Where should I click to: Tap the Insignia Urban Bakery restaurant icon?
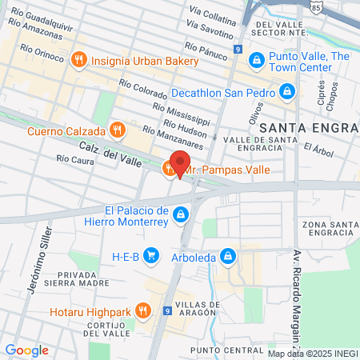[78, 58]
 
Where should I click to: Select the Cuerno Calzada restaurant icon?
[117, 130]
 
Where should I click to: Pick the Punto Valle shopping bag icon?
[256, 58]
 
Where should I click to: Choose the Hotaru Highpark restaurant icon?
[142, 310]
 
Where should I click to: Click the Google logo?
[26, 350]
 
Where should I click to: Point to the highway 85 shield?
[317, 6]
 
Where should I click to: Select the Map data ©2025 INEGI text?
[312, 353]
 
